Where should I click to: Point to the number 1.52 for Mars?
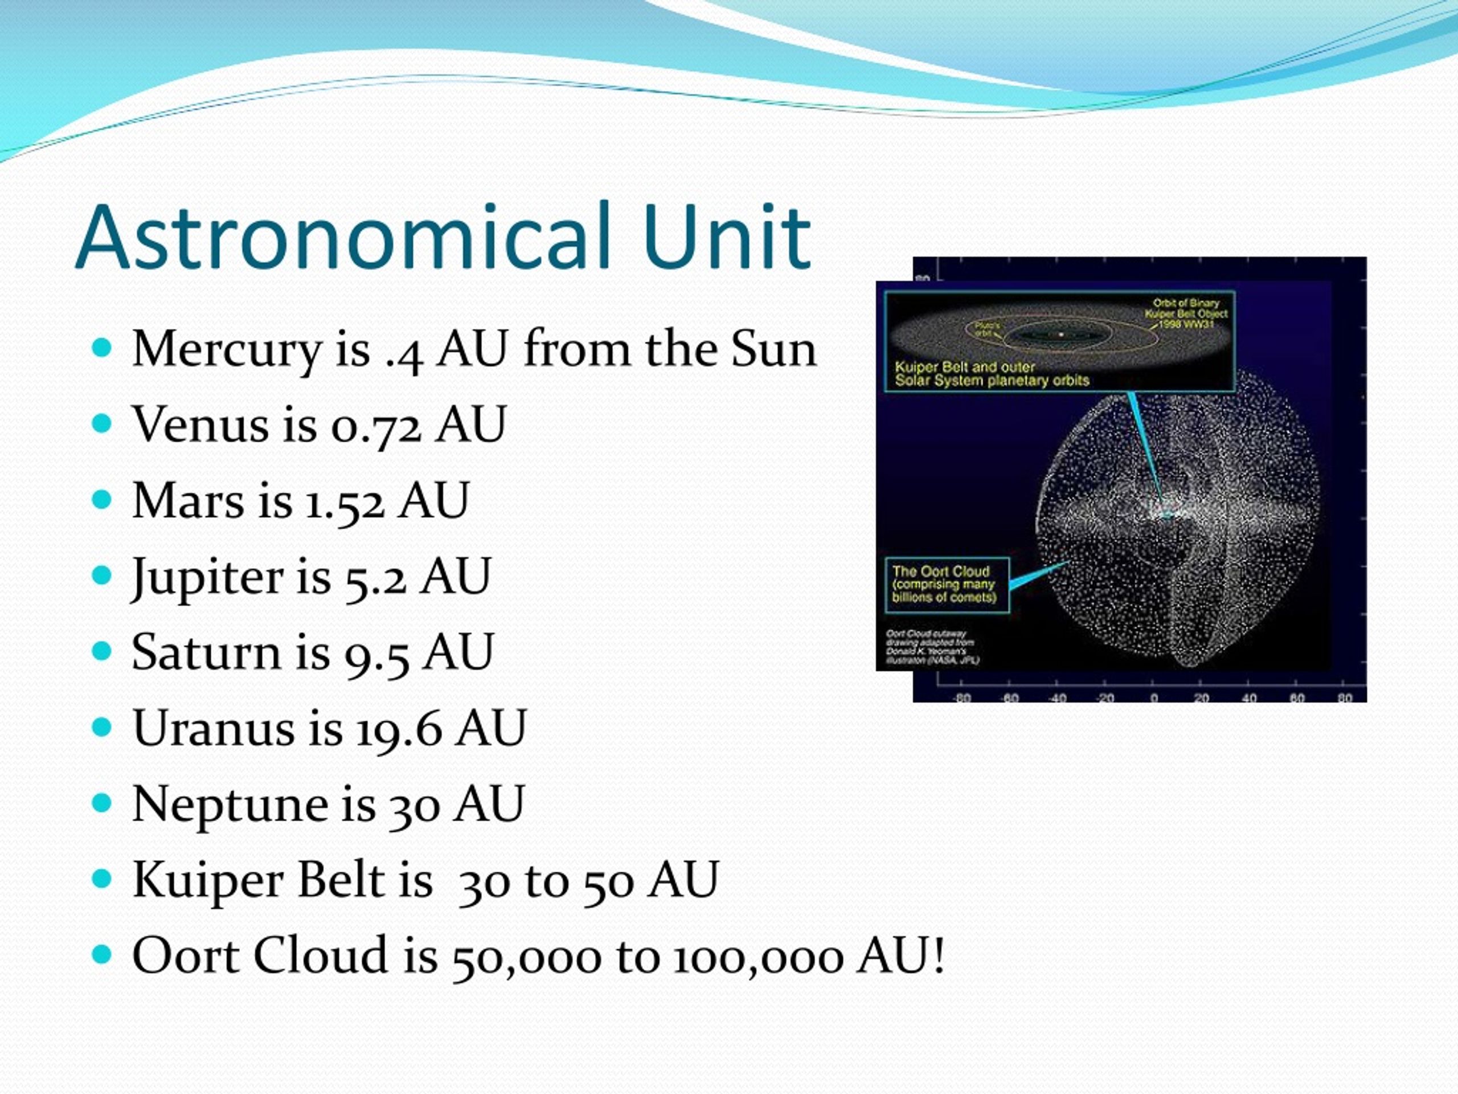pyautogui.click(x=345, y=502)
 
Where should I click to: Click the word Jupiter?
pyautogui.click(x=204, y=578)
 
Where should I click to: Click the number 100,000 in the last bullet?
pyautogui.click(x=759, y=957)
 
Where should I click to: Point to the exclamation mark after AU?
pyautogui.click(x=939, y=956)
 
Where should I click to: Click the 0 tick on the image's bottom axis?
pyautogui.click(x=1153, y=697)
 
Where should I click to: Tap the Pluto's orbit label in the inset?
pyautogui.click(x=987, y=329)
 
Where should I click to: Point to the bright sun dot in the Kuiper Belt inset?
pyautogui.click(x=1061, y=334)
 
